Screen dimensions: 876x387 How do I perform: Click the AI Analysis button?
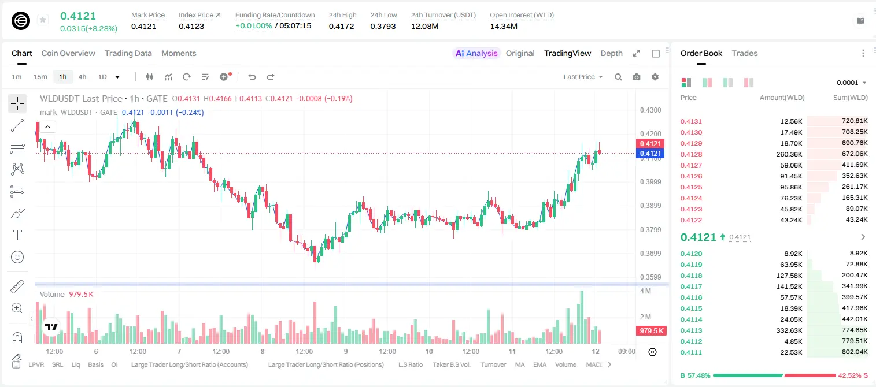click(476, 53)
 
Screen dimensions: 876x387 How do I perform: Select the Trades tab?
click(745, 53)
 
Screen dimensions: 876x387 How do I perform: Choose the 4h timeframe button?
click(82, 77)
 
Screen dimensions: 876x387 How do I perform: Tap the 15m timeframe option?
click(40, 77)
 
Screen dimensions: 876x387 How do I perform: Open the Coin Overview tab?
click(68, 53)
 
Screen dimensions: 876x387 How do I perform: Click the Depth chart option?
click(611, 53)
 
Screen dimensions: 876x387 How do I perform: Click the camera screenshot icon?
click(637, 77)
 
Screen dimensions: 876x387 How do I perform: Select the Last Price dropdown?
click(583, 77)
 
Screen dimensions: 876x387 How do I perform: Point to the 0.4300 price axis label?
click(650, 110)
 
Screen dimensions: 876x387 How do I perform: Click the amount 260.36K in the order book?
click(789, 154)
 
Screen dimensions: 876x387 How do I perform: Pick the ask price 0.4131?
click(691, 121)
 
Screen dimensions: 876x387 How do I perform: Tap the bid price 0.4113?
click(691, 330)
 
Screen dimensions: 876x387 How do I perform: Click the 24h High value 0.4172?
click(341, 26)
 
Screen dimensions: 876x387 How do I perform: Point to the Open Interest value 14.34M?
click(504, 26)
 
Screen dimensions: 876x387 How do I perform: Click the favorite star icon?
click(43, 20)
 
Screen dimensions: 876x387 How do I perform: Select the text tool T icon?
click(17, 235)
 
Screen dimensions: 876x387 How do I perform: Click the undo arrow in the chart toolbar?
click(252, 77)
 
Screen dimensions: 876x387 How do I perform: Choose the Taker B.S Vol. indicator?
click(451, 364)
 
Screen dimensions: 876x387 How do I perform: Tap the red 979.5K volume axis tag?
click(651, 331)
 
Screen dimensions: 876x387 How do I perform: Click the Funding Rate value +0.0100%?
click(253, 26)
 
